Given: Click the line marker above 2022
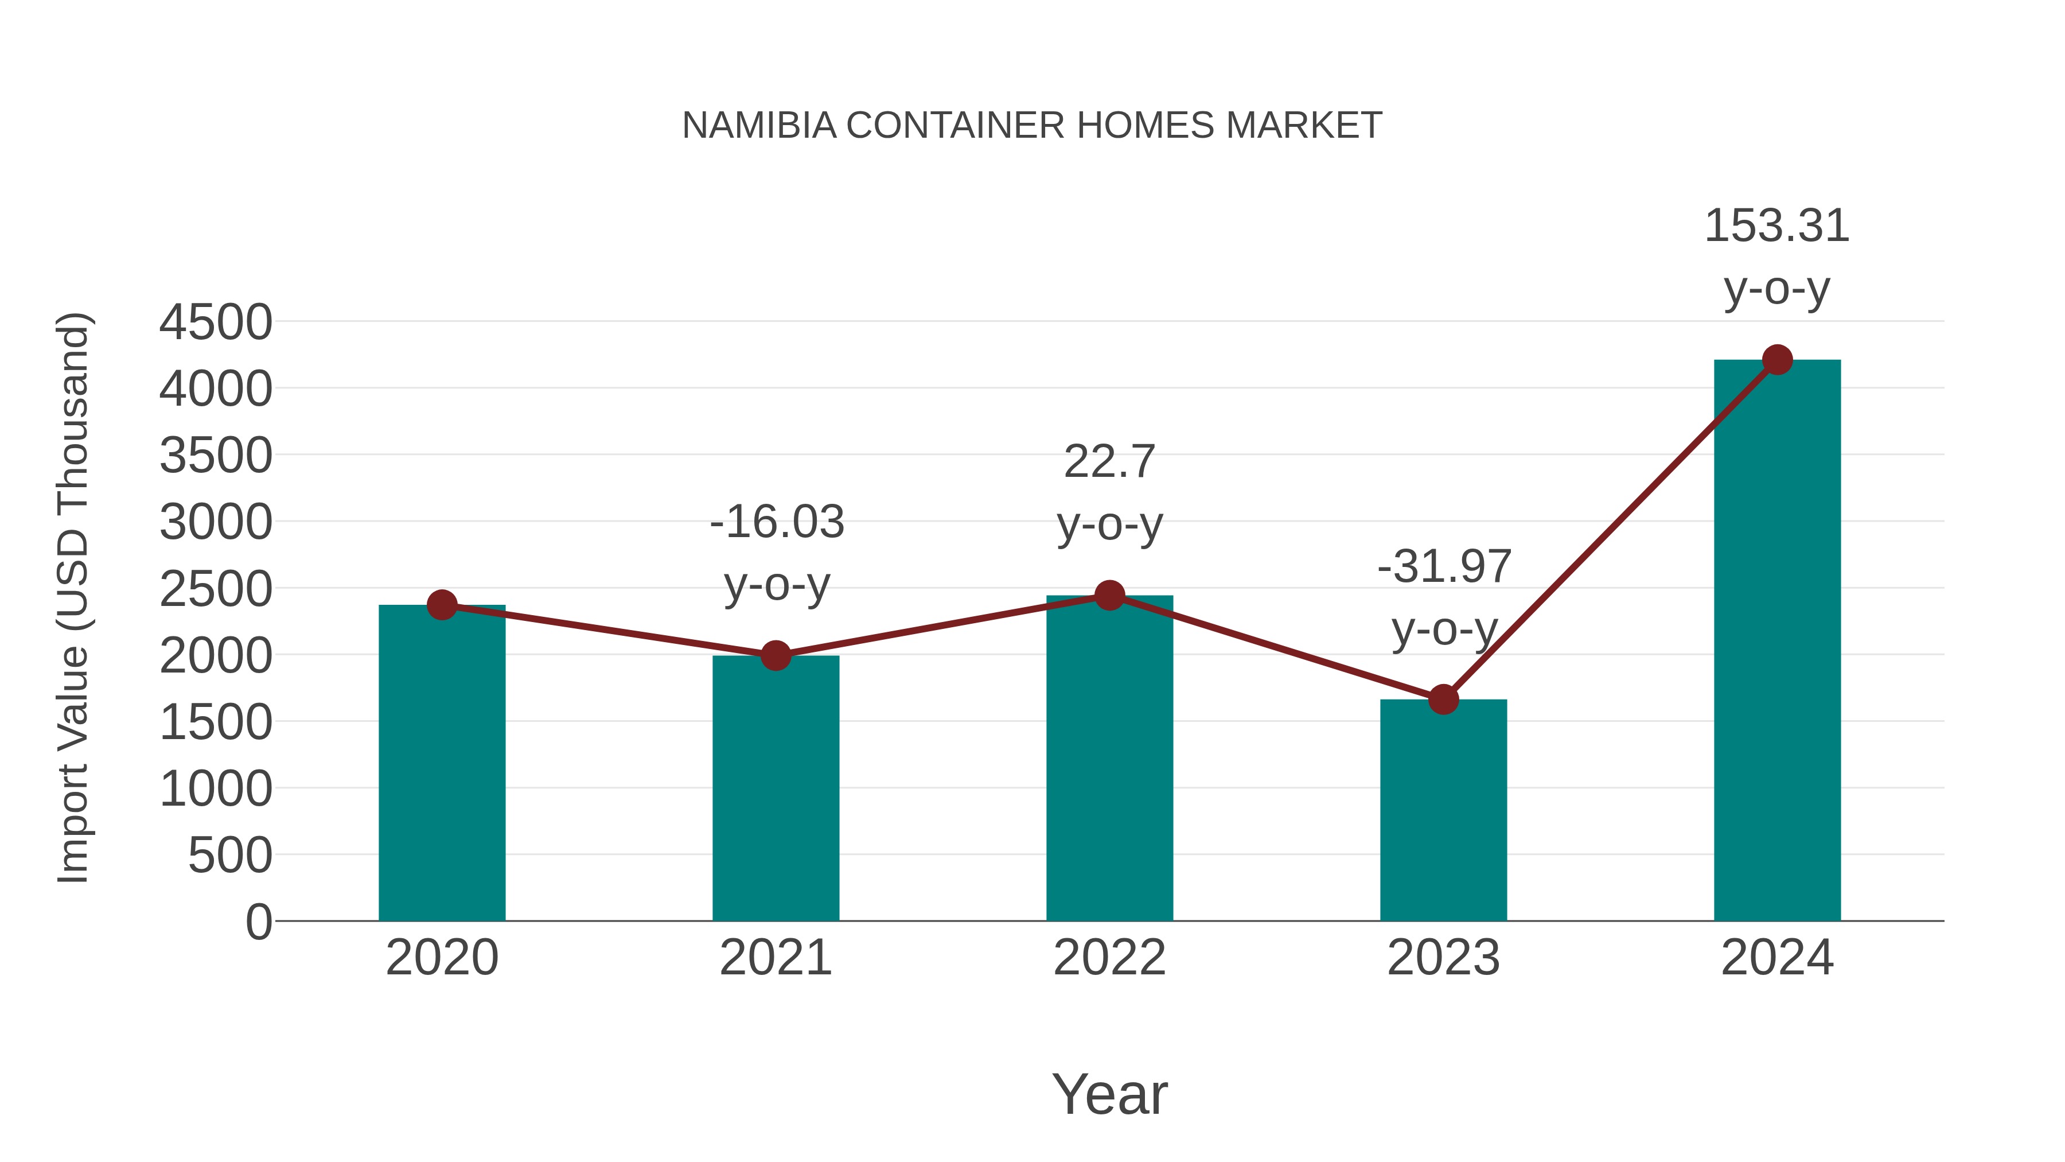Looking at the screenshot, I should point(1109,595).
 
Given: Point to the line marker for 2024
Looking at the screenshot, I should point(1777,360).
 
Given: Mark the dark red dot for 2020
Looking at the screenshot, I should point(442,605).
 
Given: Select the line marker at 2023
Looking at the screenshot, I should point(1443,699).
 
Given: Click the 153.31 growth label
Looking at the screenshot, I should point(1776,226).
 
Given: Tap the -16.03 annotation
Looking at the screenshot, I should point(777,522).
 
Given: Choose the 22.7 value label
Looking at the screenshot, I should point(1109,462).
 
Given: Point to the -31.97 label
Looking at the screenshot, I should point(1444,567).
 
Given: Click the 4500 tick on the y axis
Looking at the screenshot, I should point(216,322).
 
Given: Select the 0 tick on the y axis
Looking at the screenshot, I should point(258,922).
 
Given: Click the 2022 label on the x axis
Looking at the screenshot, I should point(1109,958).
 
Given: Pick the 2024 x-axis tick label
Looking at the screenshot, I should point(1777,958).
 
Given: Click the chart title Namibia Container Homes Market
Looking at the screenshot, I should point(1032,126).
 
